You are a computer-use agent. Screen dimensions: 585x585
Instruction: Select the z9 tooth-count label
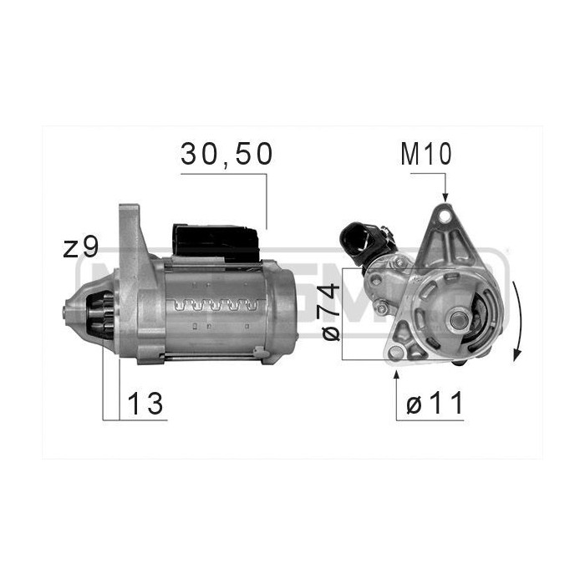click(81, 247)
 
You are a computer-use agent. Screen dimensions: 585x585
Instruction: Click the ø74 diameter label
click(330, 311)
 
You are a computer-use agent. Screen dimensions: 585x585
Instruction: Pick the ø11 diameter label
click(435, 404)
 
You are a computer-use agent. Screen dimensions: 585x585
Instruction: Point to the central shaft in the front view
click(459, 319)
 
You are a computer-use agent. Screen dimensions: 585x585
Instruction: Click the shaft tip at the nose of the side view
click(66, 313)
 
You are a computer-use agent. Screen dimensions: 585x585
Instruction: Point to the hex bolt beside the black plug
click(381, 309)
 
